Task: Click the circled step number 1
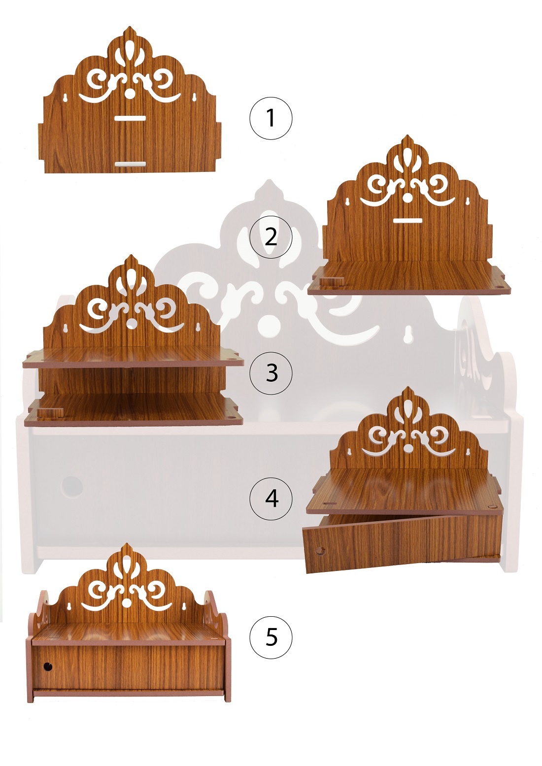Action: [x=271, y=118]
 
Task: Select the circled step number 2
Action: [x=271, y=236]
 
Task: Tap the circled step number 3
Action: [x=271, y=373]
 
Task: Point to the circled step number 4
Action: [x=271, y=499]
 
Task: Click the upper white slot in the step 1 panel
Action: [x=130, y=118]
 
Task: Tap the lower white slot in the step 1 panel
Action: [x=130, y=164]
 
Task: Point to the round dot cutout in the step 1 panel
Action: [x=130, y=94]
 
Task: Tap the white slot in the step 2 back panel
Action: [x=407, y=221]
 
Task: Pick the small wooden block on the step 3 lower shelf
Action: [x=50, y=412]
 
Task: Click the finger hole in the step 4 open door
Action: [x=320, y=551]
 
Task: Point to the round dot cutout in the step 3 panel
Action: [x=130, y=323]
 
